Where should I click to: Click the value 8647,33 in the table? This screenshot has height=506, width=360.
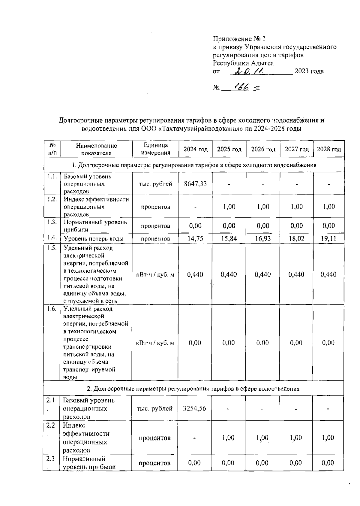click(195, 184)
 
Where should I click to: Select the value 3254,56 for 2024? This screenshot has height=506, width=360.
click(195, 408)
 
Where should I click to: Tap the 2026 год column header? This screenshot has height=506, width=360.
click(263, 149)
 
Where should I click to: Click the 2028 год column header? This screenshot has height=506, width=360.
click(329, 149)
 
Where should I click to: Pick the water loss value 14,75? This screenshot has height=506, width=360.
click(195, 239)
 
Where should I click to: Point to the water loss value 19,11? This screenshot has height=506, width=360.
click(328, 239)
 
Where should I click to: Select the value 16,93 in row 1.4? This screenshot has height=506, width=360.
click(263, 239)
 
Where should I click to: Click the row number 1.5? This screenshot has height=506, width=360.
click(52, 248)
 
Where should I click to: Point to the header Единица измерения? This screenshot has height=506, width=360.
click(155, 149)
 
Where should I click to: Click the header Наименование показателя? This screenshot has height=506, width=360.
click(96, 149)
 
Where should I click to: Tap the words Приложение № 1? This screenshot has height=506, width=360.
click(239, 39)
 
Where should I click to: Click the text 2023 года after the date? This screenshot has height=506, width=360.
click(309, 71)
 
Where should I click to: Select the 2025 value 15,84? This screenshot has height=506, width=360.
click(229, 239)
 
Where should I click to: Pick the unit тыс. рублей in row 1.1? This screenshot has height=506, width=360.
click(155, 184)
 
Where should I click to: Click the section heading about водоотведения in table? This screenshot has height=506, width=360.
click(193, 389)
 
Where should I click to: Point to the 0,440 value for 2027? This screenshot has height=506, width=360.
click(296, 274)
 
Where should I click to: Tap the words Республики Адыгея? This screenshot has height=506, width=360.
click(243, 63)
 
